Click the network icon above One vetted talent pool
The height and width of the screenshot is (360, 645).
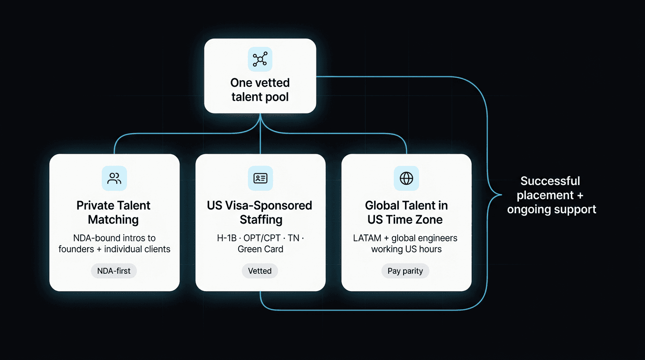[x=260, y=60]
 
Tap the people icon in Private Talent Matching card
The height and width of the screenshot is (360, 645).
[x=114, y=178]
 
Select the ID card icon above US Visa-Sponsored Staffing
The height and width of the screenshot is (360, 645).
[x=260, y=178]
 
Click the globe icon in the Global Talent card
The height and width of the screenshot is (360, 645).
[x=406, y=178]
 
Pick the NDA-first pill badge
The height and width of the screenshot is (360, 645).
[x=114, y=271]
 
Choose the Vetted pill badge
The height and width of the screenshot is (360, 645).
[x=260, y=271]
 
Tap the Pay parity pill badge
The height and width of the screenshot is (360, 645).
[x=405, y=271]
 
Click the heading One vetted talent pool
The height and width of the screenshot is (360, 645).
[x=260, y=90]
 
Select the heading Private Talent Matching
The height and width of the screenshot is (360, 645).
[x=113, y=212]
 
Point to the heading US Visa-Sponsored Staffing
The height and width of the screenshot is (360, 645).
[x=260, y=212]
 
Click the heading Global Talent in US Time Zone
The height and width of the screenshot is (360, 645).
[x=406, y=212]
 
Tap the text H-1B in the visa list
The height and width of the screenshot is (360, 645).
[x=226, y=238]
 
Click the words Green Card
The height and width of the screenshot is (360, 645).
[x=260, y=249]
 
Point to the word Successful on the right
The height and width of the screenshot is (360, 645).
[x=550, y=181]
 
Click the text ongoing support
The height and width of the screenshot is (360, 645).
[x=551, y=209]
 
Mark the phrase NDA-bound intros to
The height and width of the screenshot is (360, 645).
[x=114, y=238]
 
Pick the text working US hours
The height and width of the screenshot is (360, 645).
[x=406, y=249]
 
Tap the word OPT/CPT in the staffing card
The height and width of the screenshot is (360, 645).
[x=262, y=238]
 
